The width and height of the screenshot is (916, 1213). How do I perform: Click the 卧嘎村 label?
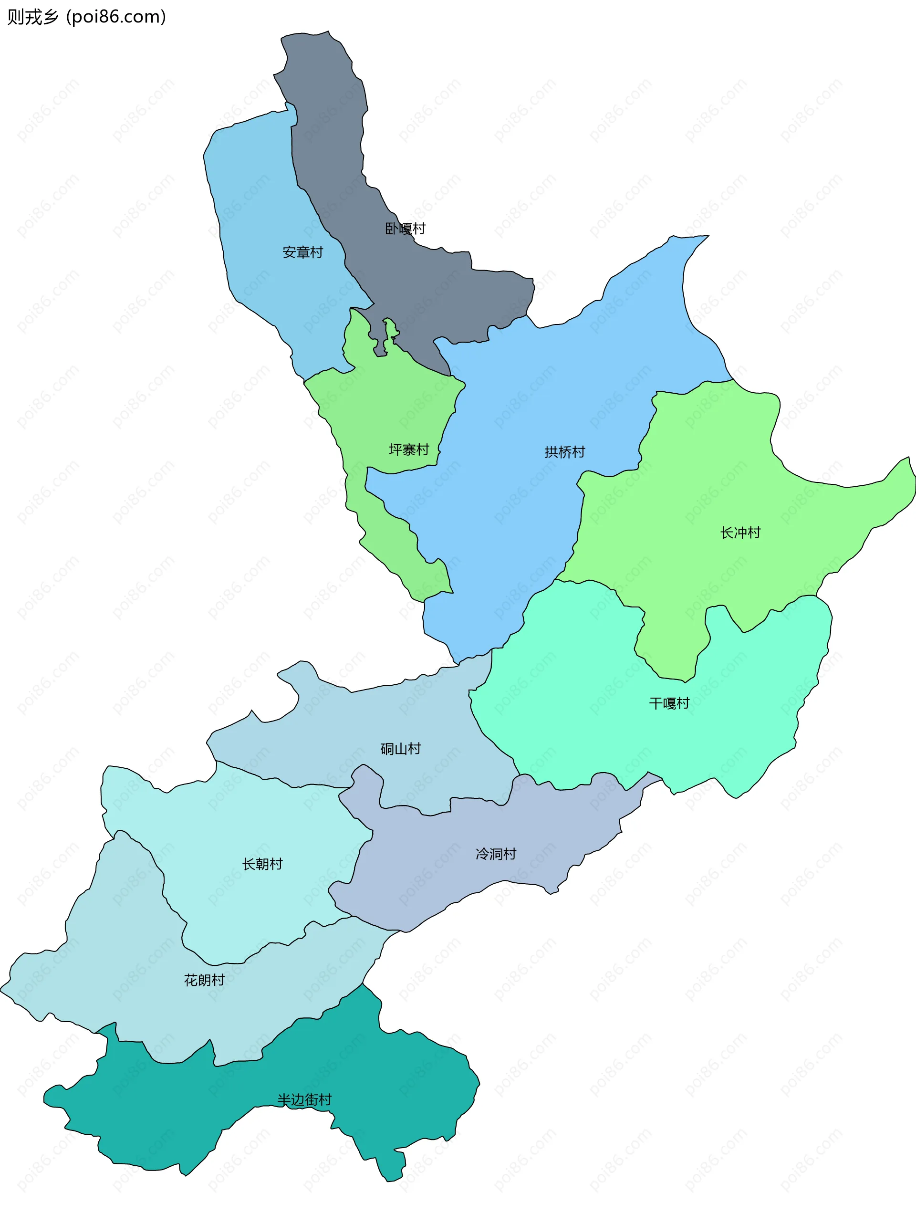pos(405,229)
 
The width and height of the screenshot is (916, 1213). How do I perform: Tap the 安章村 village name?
pos(302,252)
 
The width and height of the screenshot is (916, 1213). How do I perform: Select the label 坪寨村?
pos(408,450)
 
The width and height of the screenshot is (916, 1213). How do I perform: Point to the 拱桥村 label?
pos(564,452)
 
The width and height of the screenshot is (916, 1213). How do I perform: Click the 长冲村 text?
pos(740,533)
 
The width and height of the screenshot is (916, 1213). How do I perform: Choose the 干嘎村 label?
pos(669,703)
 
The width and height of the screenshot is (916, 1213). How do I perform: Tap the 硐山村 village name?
pos(401,749)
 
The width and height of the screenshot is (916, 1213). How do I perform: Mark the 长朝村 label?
pos(262,864)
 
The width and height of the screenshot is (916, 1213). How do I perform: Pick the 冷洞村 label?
pos(496,854)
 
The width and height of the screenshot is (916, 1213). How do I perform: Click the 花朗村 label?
pos(204,980)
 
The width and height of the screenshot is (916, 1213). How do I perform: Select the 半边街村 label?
pos(304,1099)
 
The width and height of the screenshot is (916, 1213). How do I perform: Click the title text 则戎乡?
pos(32,17)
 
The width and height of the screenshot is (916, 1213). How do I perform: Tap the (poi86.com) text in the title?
pos(115,17)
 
